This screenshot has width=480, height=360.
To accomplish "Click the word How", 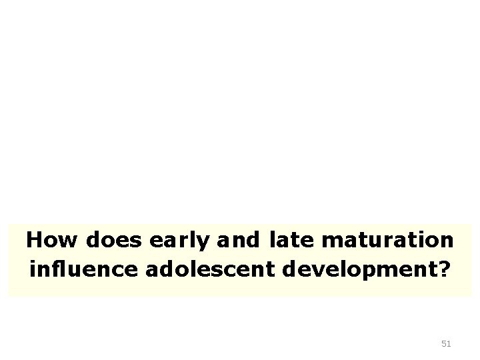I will (x=48, y=239).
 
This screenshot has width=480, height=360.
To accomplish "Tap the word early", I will (x=175, y=240).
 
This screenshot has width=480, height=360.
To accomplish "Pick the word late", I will (x=293, y=239).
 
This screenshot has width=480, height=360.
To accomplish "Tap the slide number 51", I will (x=446, y=344).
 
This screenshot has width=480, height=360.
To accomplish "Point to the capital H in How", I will (x=34, y=239).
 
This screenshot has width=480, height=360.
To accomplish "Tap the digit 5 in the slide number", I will (x=444, y=344).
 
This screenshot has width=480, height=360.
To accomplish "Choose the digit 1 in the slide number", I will (x=449, y=344).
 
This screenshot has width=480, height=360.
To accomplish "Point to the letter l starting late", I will (x=274, y=239).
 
